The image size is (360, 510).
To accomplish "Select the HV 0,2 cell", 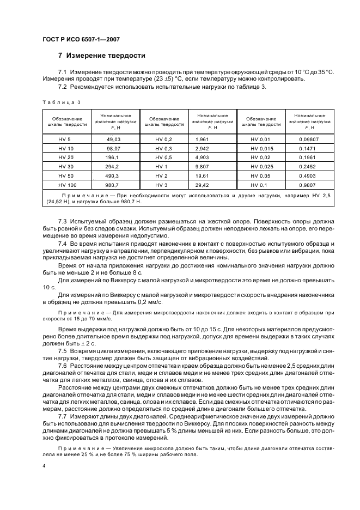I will pos(163,139).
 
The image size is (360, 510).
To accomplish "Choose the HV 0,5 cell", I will pos(163,158).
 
